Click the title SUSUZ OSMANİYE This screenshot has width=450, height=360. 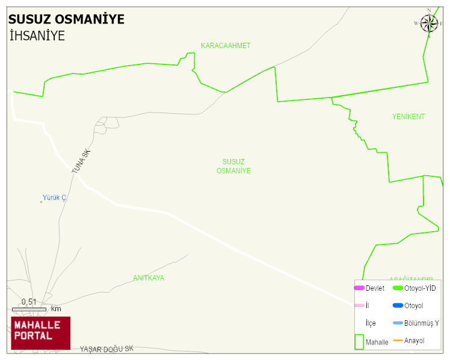(x=66, y=19)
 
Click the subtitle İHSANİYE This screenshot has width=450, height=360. (x=37, y=36)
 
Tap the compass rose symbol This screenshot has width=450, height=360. (x=429, y=23)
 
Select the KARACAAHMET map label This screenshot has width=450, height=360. (x=226, y=46)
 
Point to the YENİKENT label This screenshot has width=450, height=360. (x=408, y=117)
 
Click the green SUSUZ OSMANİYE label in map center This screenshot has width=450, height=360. (x=233, y=166)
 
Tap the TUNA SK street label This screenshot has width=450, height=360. (x=80, y=162)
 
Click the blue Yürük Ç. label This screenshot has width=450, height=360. (x=54, y=197)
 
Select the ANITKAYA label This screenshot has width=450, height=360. (x=149, y=278)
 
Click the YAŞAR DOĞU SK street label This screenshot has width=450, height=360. (x=106, y=349)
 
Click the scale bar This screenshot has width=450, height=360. (x=29, y=309)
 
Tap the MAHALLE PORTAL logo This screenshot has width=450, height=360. (x=40, y=333)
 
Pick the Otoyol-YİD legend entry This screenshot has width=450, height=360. (x=420, y=288)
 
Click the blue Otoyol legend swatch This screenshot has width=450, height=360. (x=398, y=306)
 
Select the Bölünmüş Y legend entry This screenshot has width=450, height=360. (x=421, y=323)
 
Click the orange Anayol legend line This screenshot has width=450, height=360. (x=398, y=341)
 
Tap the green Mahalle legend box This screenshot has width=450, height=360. (x=359, y=341)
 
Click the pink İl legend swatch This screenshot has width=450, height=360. (x=359, y=306)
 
